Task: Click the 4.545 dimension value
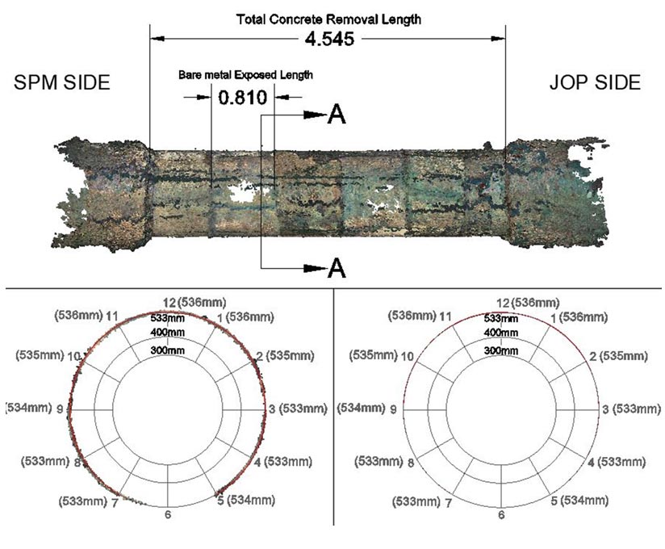point(329,39)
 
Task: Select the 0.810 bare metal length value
point(243,98)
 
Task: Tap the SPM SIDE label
point(62,82)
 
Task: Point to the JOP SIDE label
point(595,82)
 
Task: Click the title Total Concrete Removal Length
point(328,19)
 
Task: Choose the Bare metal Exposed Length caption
point(245,75)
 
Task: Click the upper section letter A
point(337,115)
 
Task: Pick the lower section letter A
point(337,268)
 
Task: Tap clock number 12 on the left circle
point(169,303)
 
